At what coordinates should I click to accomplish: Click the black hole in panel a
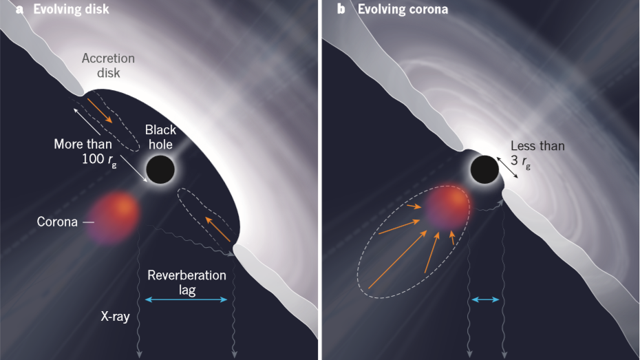(161, 169)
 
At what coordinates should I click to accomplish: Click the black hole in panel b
(484, 169)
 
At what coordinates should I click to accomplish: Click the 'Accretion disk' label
(108, 65)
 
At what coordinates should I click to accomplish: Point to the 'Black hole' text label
(160, 137)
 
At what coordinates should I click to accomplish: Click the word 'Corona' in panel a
(58, 222)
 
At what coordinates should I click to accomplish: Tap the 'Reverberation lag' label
(186, 282)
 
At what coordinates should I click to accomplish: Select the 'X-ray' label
(116, 317)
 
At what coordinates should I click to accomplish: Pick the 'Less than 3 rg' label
(537, 153)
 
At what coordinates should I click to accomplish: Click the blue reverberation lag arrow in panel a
(186, 299)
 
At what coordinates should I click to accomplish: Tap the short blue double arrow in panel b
(485, 299)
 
